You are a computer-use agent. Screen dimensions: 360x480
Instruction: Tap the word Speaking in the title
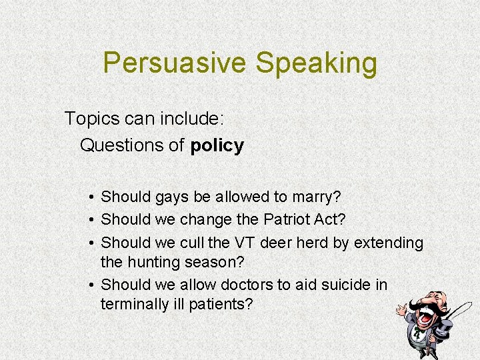tap(316, 63)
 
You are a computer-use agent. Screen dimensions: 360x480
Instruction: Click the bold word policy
tap(217, 145)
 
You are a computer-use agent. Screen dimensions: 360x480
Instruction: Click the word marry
tap(315, 197)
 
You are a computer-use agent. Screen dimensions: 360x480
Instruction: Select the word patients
tap(219, 305)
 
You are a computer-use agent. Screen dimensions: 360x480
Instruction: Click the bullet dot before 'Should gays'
tap(91, 197)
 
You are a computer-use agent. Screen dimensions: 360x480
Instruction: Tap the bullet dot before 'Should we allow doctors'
tap(91, 285)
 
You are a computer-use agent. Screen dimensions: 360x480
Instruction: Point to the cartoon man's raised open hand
tap(401, 309)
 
